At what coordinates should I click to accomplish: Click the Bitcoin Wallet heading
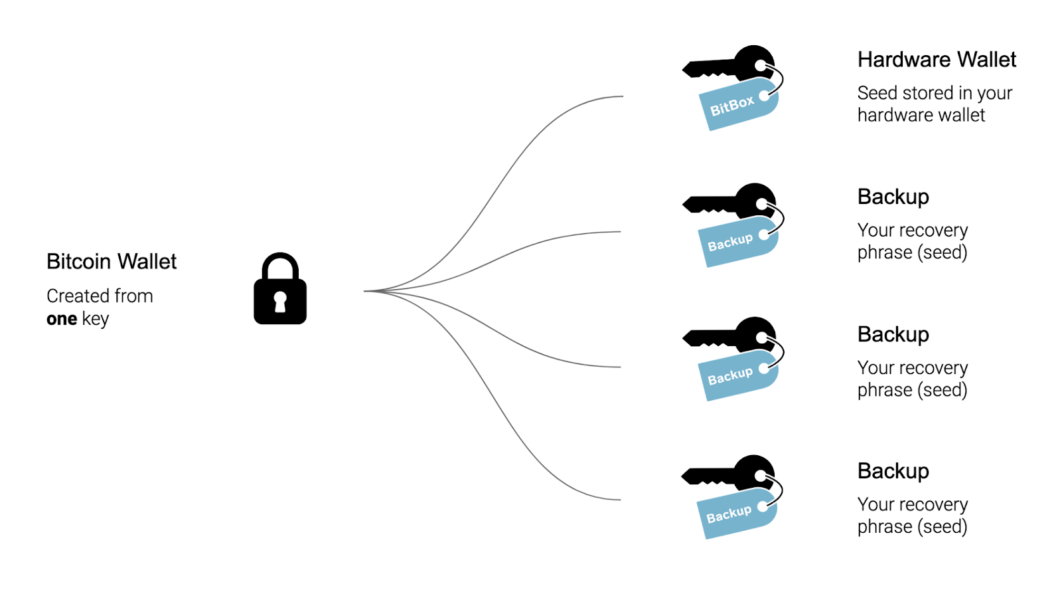point(112,262)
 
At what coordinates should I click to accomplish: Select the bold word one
point(62,319)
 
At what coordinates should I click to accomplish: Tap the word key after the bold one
point(96,320)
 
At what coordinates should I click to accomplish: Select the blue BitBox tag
point(733,106)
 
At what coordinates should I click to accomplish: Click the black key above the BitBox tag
point(717,66)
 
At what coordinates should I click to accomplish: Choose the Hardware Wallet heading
point(937,60)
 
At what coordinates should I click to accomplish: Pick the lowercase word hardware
point(890,115)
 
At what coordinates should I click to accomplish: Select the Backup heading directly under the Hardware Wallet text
point(893,197)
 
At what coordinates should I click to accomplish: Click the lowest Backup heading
point(893,471)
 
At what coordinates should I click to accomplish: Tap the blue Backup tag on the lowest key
point(730,515)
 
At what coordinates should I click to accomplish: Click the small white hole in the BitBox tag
point(764,96)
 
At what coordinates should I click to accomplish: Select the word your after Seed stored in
point(994,93)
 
